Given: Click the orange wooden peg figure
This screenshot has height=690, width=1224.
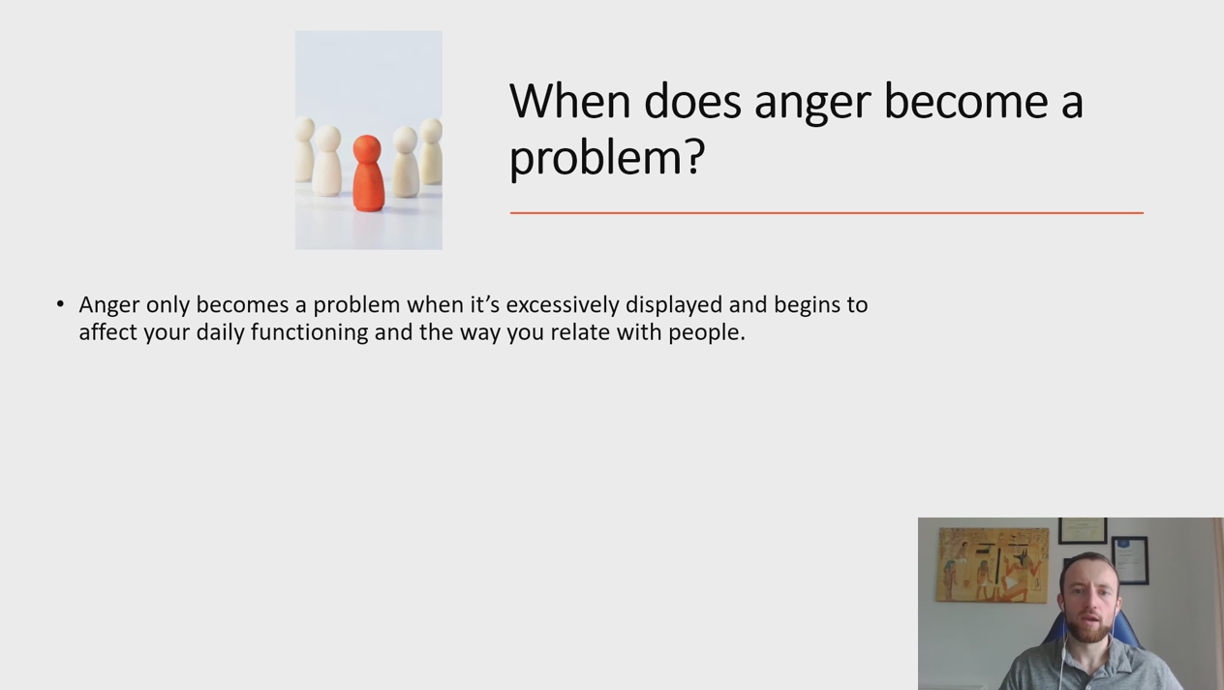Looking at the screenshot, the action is pos(368,173).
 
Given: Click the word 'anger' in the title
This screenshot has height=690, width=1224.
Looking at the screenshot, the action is pos(812,104).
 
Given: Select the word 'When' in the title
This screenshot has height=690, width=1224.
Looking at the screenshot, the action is pos(570,101).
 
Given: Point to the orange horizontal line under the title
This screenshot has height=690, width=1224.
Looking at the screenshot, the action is pos(827,212).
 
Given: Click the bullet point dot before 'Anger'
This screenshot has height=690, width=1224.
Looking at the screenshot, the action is pos(60,304).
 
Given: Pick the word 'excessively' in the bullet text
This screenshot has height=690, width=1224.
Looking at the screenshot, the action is pos(563,304).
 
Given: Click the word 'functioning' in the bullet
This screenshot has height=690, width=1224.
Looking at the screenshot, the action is pos(309,333).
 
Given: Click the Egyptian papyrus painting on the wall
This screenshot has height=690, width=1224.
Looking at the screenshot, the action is pos(994,565).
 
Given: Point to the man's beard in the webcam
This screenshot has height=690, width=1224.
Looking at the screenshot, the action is pos(1089,629).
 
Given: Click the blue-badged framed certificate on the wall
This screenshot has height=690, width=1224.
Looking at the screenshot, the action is pos(1129,560).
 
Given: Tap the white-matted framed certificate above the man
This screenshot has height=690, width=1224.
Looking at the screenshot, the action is pos(1083,530).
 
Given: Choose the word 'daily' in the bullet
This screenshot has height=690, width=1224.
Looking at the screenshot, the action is pos(220,333).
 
